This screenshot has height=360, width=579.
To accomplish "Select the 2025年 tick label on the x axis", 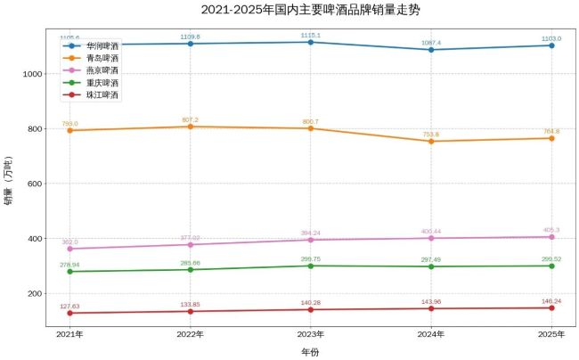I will coord(551,334).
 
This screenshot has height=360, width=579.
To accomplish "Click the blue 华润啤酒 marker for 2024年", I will coord(431,50).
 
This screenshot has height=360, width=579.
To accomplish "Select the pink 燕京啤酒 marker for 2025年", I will coord(551,237).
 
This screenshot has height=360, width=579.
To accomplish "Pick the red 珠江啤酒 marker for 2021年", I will coord(69,313).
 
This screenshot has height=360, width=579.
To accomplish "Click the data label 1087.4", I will coord(431,42).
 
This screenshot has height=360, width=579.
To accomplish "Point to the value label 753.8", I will coord(431,134).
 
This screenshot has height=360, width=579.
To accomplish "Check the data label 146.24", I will coord(551,301).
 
